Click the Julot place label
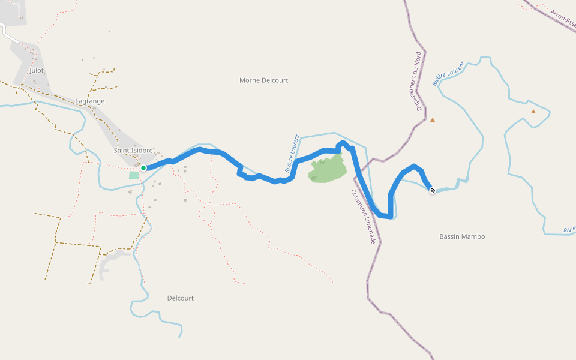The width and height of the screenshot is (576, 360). tap(36, 70)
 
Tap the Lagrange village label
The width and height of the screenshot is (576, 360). tap(90, 101)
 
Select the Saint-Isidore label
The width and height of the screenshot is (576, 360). tap(134, 150)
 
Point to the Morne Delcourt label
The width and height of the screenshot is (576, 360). tap(263, 80)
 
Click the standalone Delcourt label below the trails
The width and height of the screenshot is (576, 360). tap(180, 298)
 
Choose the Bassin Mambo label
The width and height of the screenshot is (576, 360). tap(462, 236)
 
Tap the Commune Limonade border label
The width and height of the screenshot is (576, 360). tap(364, 216)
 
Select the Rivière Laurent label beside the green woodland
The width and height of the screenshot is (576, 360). tap(292, 153)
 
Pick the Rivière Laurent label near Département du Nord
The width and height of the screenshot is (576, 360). tap(448, 73)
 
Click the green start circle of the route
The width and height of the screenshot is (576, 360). tap(143, 168)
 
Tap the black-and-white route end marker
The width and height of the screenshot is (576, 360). tap(433, 190)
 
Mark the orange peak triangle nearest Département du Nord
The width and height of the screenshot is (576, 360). tap(433, 120)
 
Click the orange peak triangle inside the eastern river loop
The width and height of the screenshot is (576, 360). tap(533, 111)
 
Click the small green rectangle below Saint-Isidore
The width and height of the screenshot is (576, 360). tap(134, 175)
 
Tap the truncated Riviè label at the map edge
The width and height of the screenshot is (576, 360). tap(569, 229)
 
